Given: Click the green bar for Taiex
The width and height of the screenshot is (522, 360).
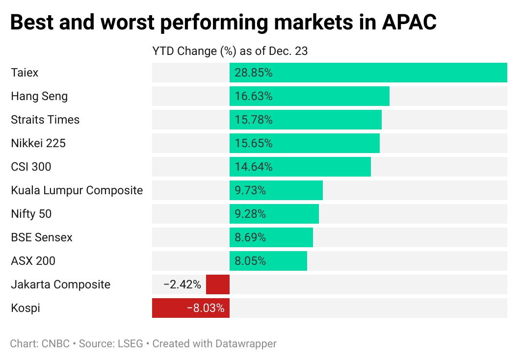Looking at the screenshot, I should tap(368, 73).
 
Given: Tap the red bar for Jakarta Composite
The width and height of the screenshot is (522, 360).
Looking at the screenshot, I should tap(218, 284).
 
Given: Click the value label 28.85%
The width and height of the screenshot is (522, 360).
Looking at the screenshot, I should tap(253, 73).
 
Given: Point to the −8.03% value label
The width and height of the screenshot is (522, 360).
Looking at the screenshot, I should tap(206, 309).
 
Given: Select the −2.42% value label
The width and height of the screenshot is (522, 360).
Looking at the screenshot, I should tap(182, 284).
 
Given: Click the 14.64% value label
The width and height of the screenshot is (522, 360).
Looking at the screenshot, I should tap(253, 167).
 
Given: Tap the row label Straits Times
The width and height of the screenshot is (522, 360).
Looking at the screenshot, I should tap(45, 120).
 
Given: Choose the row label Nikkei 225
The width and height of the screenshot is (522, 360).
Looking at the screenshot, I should tap(38, 143).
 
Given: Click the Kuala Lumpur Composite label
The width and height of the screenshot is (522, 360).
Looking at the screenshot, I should tap(77, 190).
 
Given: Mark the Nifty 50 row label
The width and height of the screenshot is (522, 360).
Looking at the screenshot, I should tap(31, 214).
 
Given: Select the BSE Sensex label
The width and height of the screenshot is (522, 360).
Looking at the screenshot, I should tap(42, 237).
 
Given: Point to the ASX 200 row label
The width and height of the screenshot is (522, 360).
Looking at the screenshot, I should tap(33, 261).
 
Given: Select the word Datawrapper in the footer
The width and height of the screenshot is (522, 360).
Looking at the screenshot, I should tap(246, 344).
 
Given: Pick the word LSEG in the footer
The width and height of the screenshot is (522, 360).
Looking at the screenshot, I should tap(130, 344).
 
